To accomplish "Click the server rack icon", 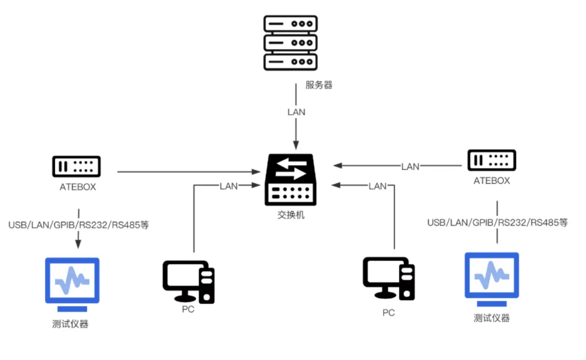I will click(290, 43).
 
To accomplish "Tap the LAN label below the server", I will click(296, 112).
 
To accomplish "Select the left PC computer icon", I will click(188, 282).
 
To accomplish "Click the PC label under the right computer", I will click(388, 312).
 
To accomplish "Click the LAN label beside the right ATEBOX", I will click(410, 166).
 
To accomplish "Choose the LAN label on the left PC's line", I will click(229, 186).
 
